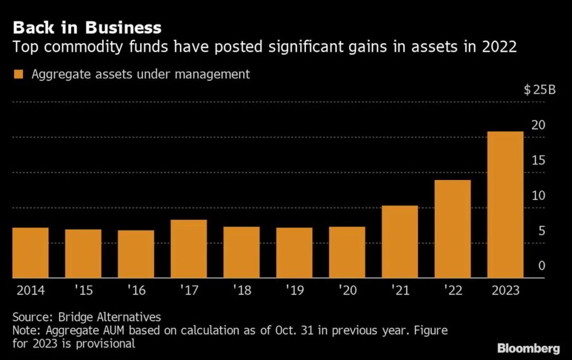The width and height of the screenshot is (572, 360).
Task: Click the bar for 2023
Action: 505,204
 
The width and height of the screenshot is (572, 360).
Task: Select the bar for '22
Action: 452,229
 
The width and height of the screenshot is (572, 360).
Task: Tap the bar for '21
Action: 399,241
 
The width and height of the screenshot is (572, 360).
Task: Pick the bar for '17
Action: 189,249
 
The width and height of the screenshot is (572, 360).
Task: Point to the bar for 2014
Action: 31,253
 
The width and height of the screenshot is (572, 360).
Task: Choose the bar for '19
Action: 294,253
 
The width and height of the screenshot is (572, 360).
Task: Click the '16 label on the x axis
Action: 136,291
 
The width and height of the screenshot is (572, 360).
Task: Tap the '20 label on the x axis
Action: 347,291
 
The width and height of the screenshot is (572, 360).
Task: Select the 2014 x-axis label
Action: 31,291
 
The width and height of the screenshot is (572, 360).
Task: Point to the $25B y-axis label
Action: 539,89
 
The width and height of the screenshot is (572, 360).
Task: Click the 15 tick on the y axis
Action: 538,160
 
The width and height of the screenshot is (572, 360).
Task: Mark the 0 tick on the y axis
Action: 541,266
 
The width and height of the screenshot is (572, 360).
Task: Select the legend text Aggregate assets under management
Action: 140,75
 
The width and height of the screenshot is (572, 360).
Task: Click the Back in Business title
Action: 87,27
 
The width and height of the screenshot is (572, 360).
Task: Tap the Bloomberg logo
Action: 528,348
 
